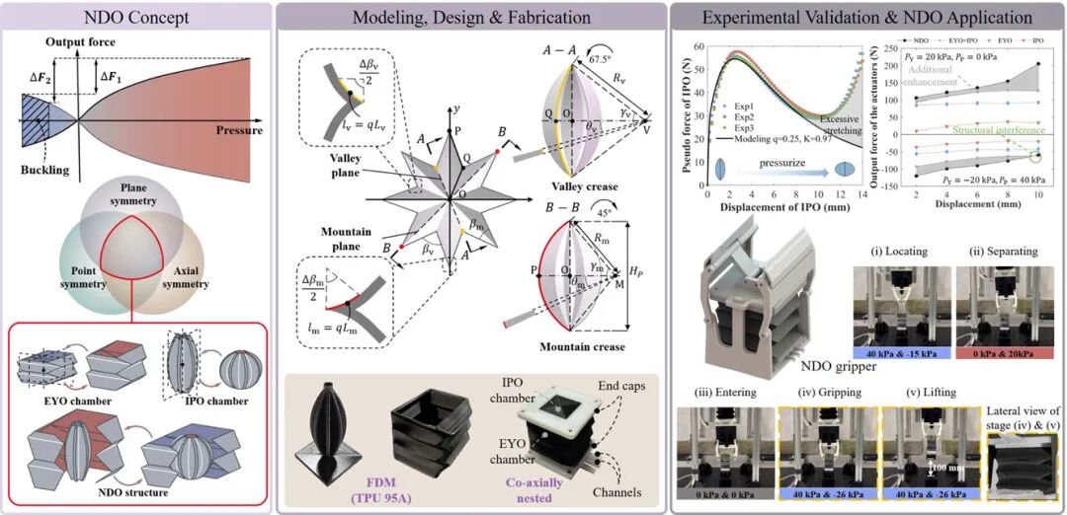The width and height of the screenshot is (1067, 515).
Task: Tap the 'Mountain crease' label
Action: (x=582, y=347)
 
